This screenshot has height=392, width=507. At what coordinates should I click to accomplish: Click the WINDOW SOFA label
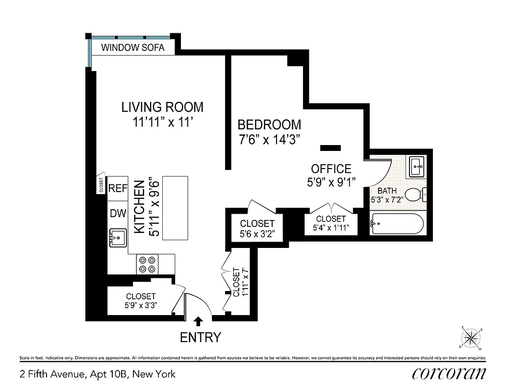[x=132, y=48]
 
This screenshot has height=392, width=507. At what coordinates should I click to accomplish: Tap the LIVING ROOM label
[x=162, y=107]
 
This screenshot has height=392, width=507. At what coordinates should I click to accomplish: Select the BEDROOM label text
[x=269, y=124]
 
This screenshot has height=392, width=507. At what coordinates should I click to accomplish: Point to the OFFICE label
[x=331, y=169]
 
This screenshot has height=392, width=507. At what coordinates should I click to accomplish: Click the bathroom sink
[x=418, y=167]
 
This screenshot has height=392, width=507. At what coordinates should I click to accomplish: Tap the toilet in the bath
[x=416, y=195]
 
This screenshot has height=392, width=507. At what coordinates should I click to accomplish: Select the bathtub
[x=397, y=224]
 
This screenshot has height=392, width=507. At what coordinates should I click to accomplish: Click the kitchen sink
[x=118, y=238]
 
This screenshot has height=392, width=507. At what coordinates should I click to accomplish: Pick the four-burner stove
[x=148, y=265]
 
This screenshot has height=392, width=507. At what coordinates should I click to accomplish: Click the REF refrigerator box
[x=118, y=188]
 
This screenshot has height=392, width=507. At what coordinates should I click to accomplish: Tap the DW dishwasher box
[x=118, y=213]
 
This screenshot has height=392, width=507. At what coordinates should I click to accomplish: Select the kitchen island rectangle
[x=176, y=208]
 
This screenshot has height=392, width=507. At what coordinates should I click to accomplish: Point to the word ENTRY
[x=201, y=338]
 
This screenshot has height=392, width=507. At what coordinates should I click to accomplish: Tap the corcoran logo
[x=449, y=373]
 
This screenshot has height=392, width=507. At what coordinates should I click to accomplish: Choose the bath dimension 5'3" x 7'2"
[x=386, y=200]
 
